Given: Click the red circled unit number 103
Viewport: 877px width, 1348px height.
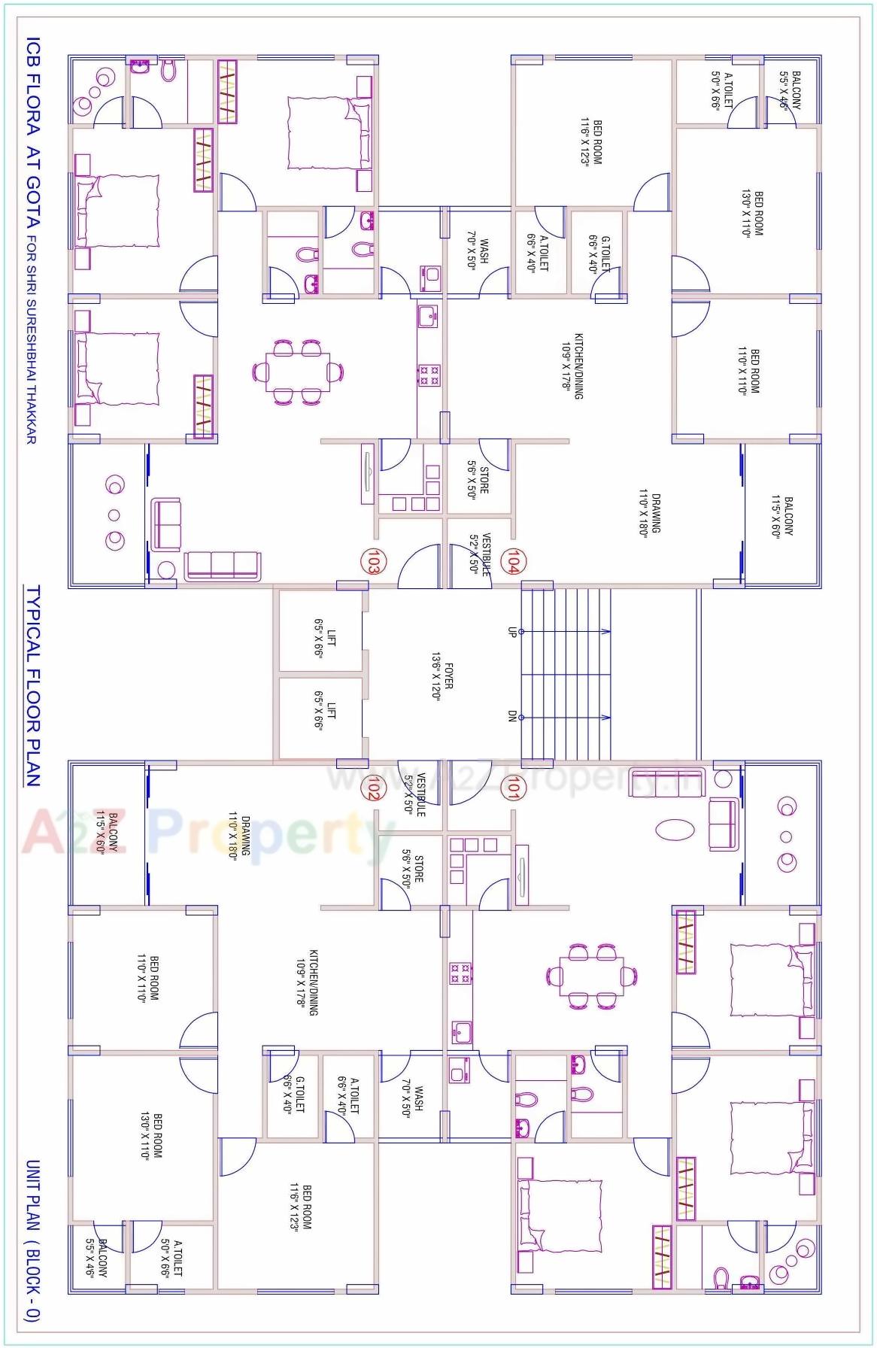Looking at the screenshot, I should point(371,561).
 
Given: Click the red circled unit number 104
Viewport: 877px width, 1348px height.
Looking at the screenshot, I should point(514,561).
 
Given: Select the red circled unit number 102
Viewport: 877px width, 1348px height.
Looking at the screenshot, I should point(372,788).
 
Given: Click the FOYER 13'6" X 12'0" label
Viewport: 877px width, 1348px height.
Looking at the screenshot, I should point(442,675).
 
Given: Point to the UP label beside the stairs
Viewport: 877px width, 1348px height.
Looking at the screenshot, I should point(511,632).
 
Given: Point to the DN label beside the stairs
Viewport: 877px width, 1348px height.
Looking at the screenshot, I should point(511,717).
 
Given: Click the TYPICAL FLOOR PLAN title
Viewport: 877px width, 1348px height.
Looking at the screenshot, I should point(33,686).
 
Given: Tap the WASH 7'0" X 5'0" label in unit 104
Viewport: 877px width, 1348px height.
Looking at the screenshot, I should point(478,251).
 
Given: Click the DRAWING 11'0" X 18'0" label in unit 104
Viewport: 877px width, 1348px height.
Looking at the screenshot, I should point(650,514).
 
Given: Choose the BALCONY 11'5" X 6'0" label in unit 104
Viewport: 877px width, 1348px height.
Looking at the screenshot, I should point(782,515).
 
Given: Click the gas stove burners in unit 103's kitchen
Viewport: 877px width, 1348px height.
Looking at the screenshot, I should point(429,375).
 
